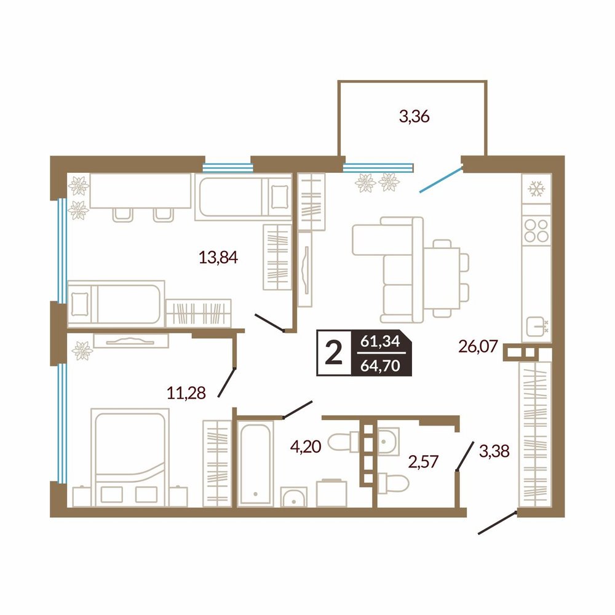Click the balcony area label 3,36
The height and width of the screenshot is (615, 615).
coord(414,116)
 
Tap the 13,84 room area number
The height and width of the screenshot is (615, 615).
coord(218,257)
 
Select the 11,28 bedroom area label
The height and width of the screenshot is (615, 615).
coord(186,392)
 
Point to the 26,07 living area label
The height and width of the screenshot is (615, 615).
coord(478,346)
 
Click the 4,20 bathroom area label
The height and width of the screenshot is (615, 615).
coord(306,446)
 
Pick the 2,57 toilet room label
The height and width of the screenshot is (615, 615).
coord(423,462)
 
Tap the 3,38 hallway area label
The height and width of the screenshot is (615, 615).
coord(494,451)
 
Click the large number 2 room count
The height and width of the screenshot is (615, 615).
coord(334,353)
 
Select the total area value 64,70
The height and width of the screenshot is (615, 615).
coord(380,365)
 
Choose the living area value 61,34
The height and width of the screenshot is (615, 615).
coord(380,341)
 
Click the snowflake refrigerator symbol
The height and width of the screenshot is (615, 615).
coord(536,189)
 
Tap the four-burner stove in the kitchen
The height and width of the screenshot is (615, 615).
coord(536,230)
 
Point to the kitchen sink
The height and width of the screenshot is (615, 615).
coord(537,327)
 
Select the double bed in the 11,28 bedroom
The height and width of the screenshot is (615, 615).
coord(130,458)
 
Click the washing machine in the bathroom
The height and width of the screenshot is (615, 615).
coord(331,493)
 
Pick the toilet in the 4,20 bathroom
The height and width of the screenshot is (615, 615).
coord(343,442)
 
